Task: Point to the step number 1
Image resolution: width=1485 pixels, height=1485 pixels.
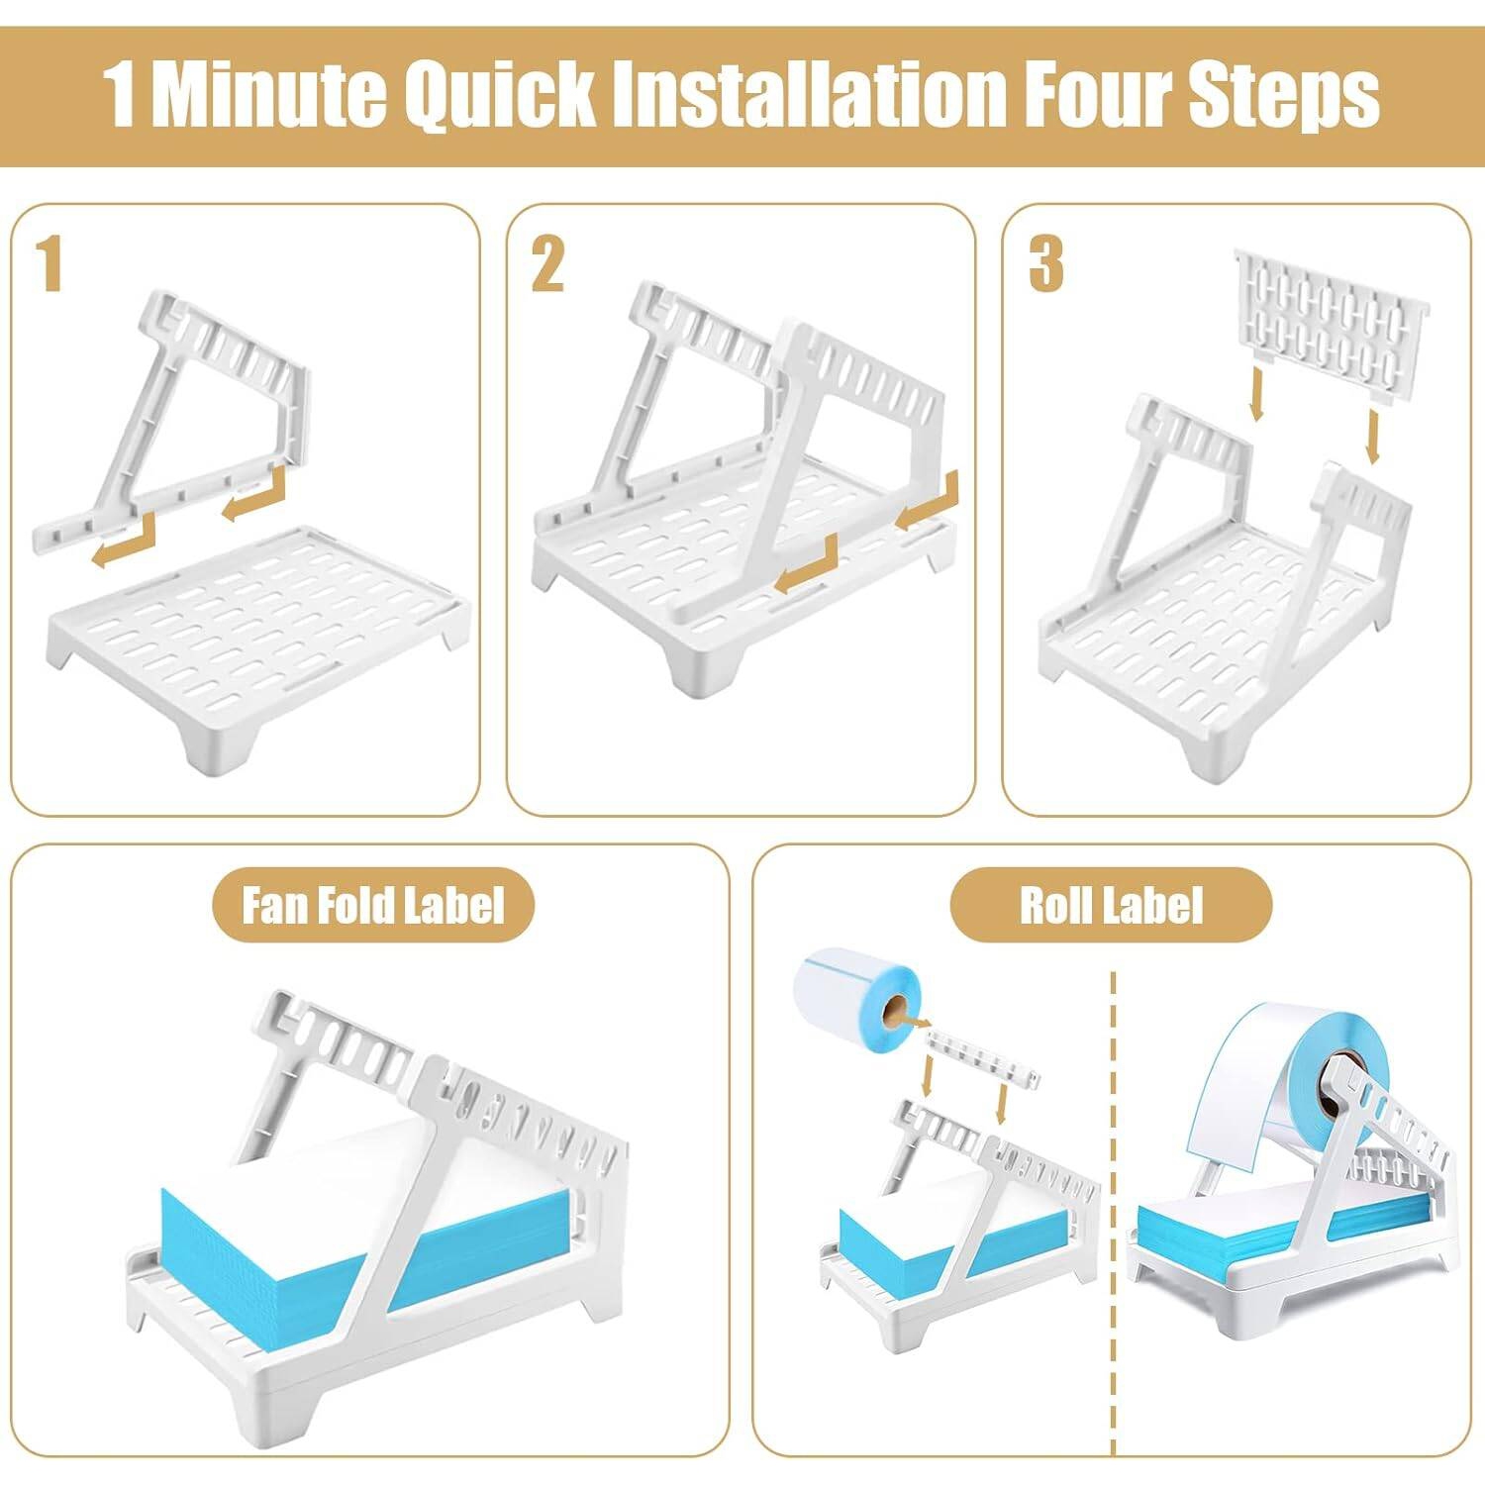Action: click(50, 265)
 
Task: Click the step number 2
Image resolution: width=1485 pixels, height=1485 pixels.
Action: click(547, 265)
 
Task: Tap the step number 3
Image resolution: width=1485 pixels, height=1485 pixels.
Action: click(1045, 265)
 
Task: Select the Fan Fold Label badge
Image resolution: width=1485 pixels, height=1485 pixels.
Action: click(373, 905)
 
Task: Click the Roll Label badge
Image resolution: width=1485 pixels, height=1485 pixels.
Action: click(1111, 905)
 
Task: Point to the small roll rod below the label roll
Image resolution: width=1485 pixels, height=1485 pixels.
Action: click(983, 1058)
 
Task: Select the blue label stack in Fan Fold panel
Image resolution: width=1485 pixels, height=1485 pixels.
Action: click(366, 1218)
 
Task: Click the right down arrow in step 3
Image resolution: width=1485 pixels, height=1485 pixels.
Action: click(1372, 436)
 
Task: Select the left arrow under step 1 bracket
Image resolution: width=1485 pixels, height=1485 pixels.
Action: click(124, 543)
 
